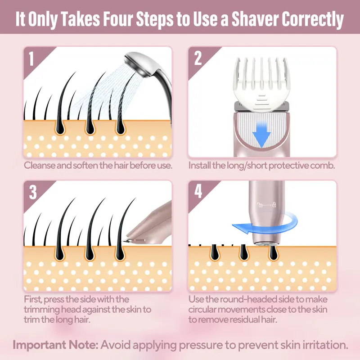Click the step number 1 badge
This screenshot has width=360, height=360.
point(31,59)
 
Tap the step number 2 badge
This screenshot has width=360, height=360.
point(198,59)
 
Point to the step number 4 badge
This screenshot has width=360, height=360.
point(198,192)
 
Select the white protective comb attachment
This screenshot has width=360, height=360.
point(261,83)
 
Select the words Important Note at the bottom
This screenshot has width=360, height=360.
point(54,346)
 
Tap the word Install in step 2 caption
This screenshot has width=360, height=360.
point(201,165)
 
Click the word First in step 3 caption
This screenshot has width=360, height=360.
point(35,299)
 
